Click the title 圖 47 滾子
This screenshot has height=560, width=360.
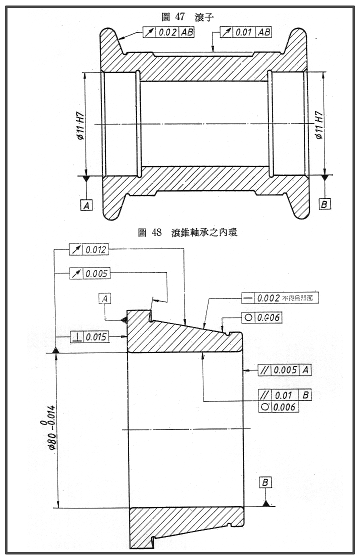187,17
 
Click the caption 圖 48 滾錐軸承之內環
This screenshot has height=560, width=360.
187,232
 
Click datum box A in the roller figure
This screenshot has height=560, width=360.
86,204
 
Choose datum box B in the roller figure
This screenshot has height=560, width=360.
325,204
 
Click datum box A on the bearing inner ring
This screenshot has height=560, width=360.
105,299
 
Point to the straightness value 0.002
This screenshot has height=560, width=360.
268,298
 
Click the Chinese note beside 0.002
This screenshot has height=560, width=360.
300,298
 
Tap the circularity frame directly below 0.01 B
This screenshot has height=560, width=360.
278,407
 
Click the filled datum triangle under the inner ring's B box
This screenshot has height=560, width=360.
266,502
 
